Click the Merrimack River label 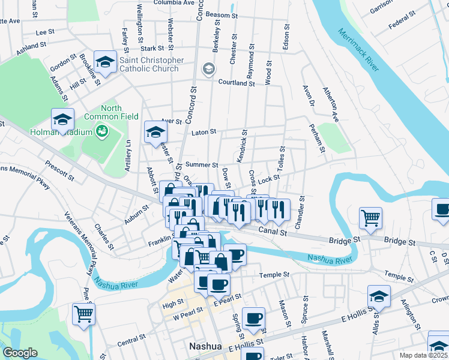pyautogui.click(x=358, y=50)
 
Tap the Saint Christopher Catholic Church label pyautogui.click(x=152, y=64)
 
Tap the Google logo pyautogui.click(x=20, y=352)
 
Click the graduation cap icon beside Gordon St pyautogui.click(x=105, y=62)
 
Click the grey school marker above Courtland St pyautogui.click(x=208, y=68)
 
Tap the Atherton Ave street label pyautogui.click(x=331, y=104)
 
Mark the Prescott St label pyautogui.click(x=59, y=170)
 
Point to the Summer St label pyautogui.click(x=201, y=164)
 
